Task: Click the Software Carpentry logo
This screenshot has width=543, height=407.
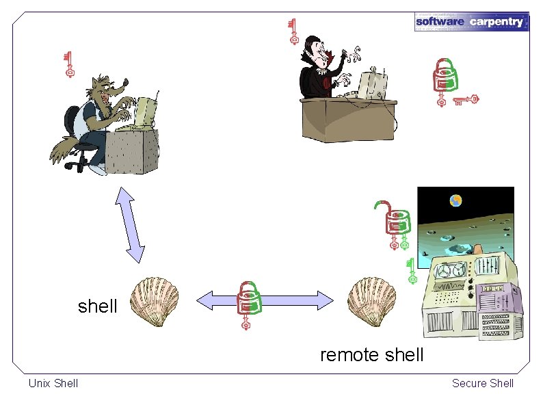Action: [x=471, y=21]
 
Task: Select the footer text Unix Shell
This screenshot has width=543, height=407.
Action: [x=53, y=383]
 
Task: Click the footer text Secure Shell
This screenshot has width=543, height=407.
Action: [x=482, y=383]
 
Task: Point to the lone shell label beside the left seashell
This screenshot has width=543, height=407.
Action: [x=98, y=306]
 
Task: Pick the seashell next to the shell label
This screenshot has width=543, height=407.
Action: [x=155, y=301]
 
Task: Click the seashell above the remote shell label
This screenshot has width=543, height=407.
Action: [x=371, y=301]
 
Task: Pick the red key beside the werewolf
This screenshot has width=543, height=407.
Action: [x=68, y=64]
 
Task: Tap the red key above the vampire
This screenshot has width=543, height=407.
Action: [x=293, y=31]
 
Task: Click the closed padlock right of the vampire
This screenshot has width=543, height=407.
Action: [x=446, y=75]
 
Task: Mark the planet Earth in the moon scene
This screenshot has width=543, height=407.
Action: [x=455, y=200]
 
